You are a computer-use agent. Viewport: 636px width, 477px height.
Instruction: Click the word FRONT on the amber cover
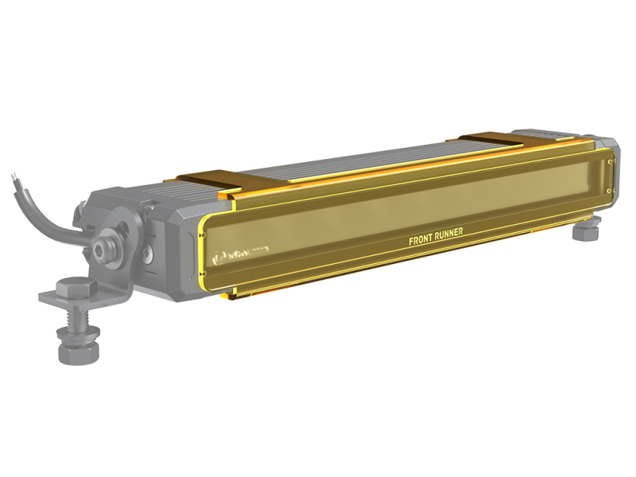tap(424, 240)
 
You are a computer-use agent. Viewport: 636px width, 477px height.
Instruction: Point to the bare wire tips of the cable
tap(14, 177)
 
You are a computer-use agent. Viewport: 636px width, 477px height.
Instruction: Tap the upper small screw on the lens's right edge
tap(608, 163)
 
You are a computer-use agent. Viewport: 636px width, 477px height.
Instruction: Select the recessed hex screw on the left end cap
tap(149, 255)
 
